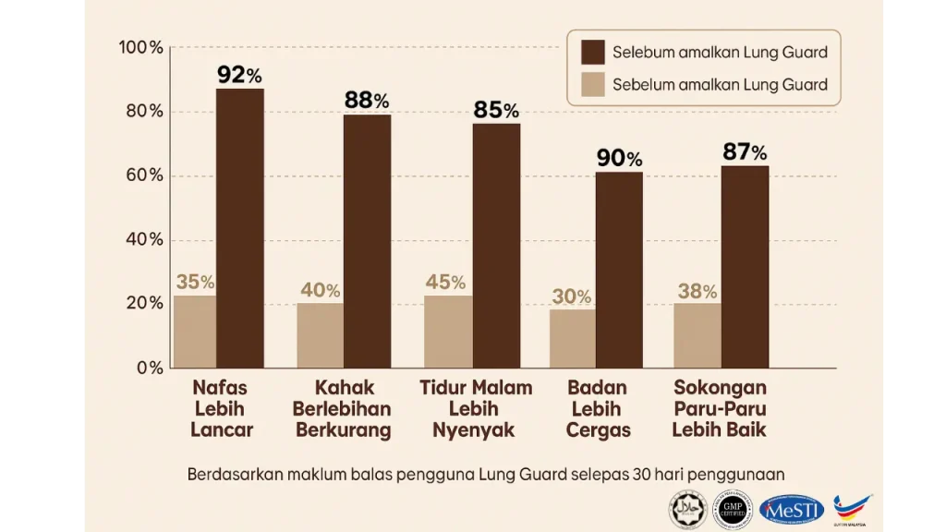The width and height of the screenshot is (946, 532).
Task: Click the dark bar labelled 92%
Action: [x=240, y=228]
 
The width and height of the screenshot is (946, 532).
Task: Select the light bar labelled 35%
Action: [x=195, y=332]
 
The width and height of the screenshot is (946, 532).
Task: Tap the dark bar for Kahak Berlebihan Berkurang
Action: [x=367, y=241]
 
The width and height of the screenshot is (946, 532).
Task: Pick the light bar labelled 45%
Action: [x=448, y=332]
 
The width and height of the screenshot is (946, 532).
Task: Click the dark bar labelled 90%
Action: [x=619, y=270]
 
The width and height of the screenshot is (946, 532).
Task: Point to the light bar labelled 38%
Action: [x=697, y=335]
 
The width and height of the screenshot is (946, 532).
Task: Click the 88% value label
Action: [x=367, y=100]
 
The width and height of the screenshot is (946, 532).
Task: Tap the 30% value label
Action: [x=572, y=296]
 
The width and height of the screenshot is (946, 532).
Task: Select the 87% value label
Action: [x=745, y=151]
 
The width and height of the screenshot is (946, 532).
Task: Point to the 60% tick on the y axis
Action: [x=143, y=175]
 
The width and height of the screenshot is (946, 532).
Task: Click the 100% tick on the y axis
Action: [x=140, y=47]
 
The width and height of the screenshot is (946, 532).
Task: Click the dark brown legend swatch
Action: [x=591, y=52]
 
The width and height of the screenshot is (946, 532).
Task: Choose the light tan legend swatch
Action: [x=591, y=85]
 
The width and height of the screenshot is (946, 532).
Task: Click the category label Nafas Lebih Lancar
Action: [x=221, y=409]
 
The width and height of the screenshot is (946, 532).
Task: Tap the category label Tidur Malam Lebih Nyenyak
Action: [x=476, y=409]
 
